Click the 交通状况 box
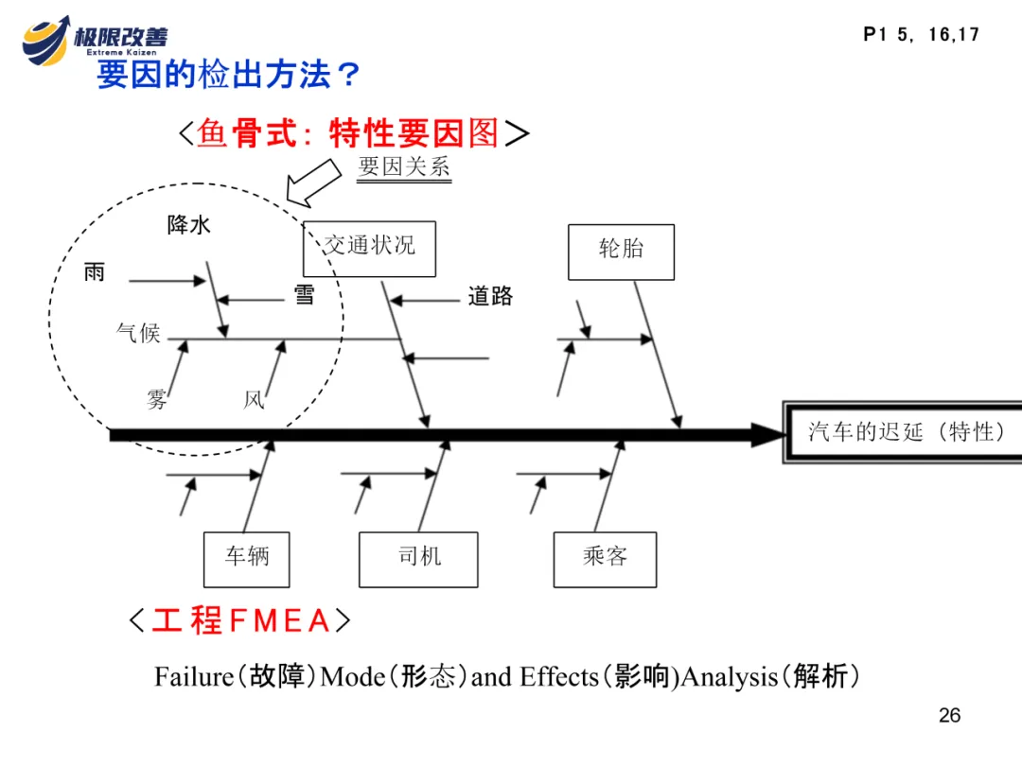tap(369, 249)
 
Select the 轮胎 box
tap(621, 252)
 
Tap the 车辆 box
tap(246, 559)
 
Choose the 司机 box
tap(418, 559)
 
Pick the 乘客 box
tap(605, 559)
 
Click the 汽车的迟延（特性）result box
tap(905, 432)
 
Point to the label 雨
tap(95, 273)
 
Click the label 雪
tap(304, 295)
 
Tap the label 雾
tap(157, 400)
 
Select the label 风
tap(254, 400)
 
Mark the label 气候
tap(138, 333)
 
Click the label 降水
tap(189, 225)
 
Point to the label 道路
tap(490, 297)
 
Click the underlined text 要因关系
tap(404, 167)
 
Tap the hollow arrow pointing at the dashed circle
tap(314, 182)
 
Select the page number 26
tap(949, 715)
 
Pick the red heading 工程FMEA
tap(240, 621)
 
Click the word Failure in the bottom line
tap(193, 677)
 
